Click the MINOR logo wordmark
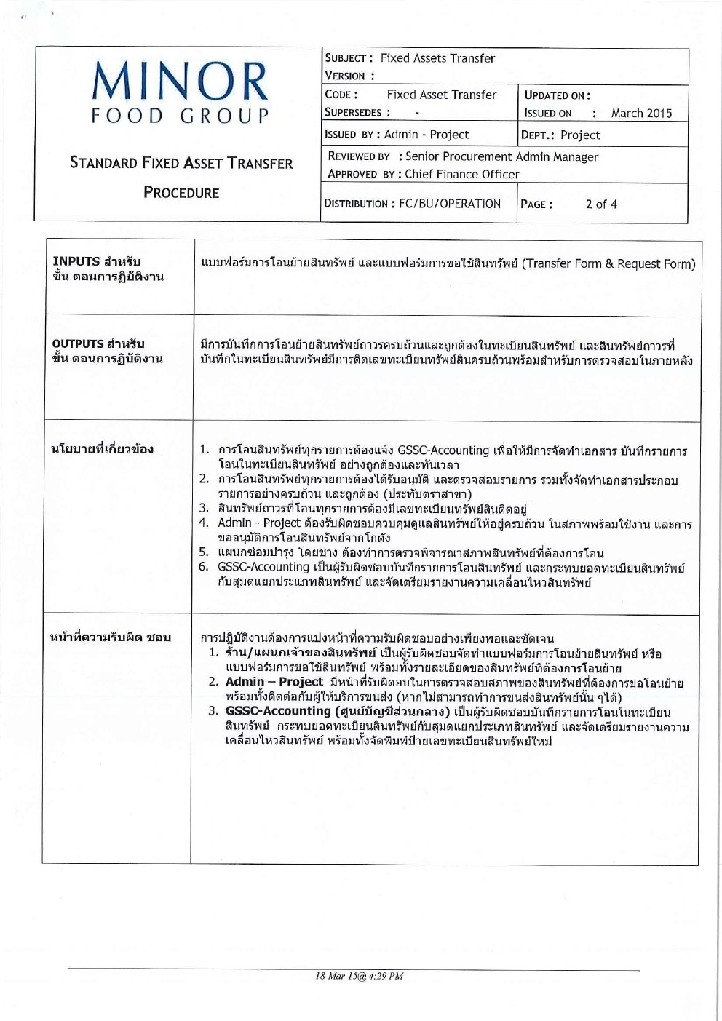(x=180, y=82)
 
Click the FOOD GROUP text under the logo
(x=180, y=116)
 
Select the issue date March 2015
(x=641, y=114)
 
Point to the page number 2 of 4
(x=601, y=204)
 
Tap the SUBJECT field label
(x=349, y=58)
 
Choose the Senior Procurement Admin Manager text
(x=501, y=156)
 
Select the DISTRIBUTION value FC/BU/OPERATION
(x=450, y=204)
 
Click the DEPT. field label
(x=538, y=135)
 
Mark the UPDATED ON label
(x=557, y=95)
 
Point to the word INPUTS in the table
(x=76, y=261)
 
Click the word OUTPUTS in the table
(x=78, y=343)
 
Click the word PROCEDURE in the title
(x=181, y=193)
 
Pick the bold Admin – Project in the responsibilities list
(x=274, y=682)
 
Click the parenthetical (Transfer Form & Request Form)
(x=608, y=263)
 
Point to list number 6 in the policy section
(x=204, y=567)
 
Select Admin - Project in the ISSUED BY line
(x=427, y=135)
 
